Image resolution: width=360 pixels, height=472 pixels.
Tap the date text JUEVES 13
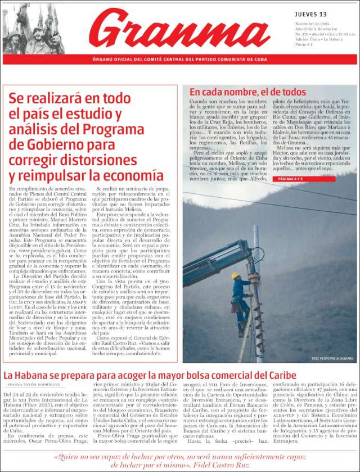(x=310, y=14)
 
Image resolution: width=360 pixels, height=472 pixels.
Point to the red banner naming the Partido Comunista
(x=180, y=60)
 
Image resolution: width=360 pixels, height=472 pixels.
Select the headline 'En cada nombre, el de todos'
(x=247, y=92)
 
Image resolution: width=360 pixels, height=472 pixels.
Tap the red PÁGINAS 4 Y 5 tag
(x=291, y=179)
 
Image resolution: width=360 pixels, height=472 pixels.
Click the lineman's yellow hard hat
(x=235, y=275)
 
